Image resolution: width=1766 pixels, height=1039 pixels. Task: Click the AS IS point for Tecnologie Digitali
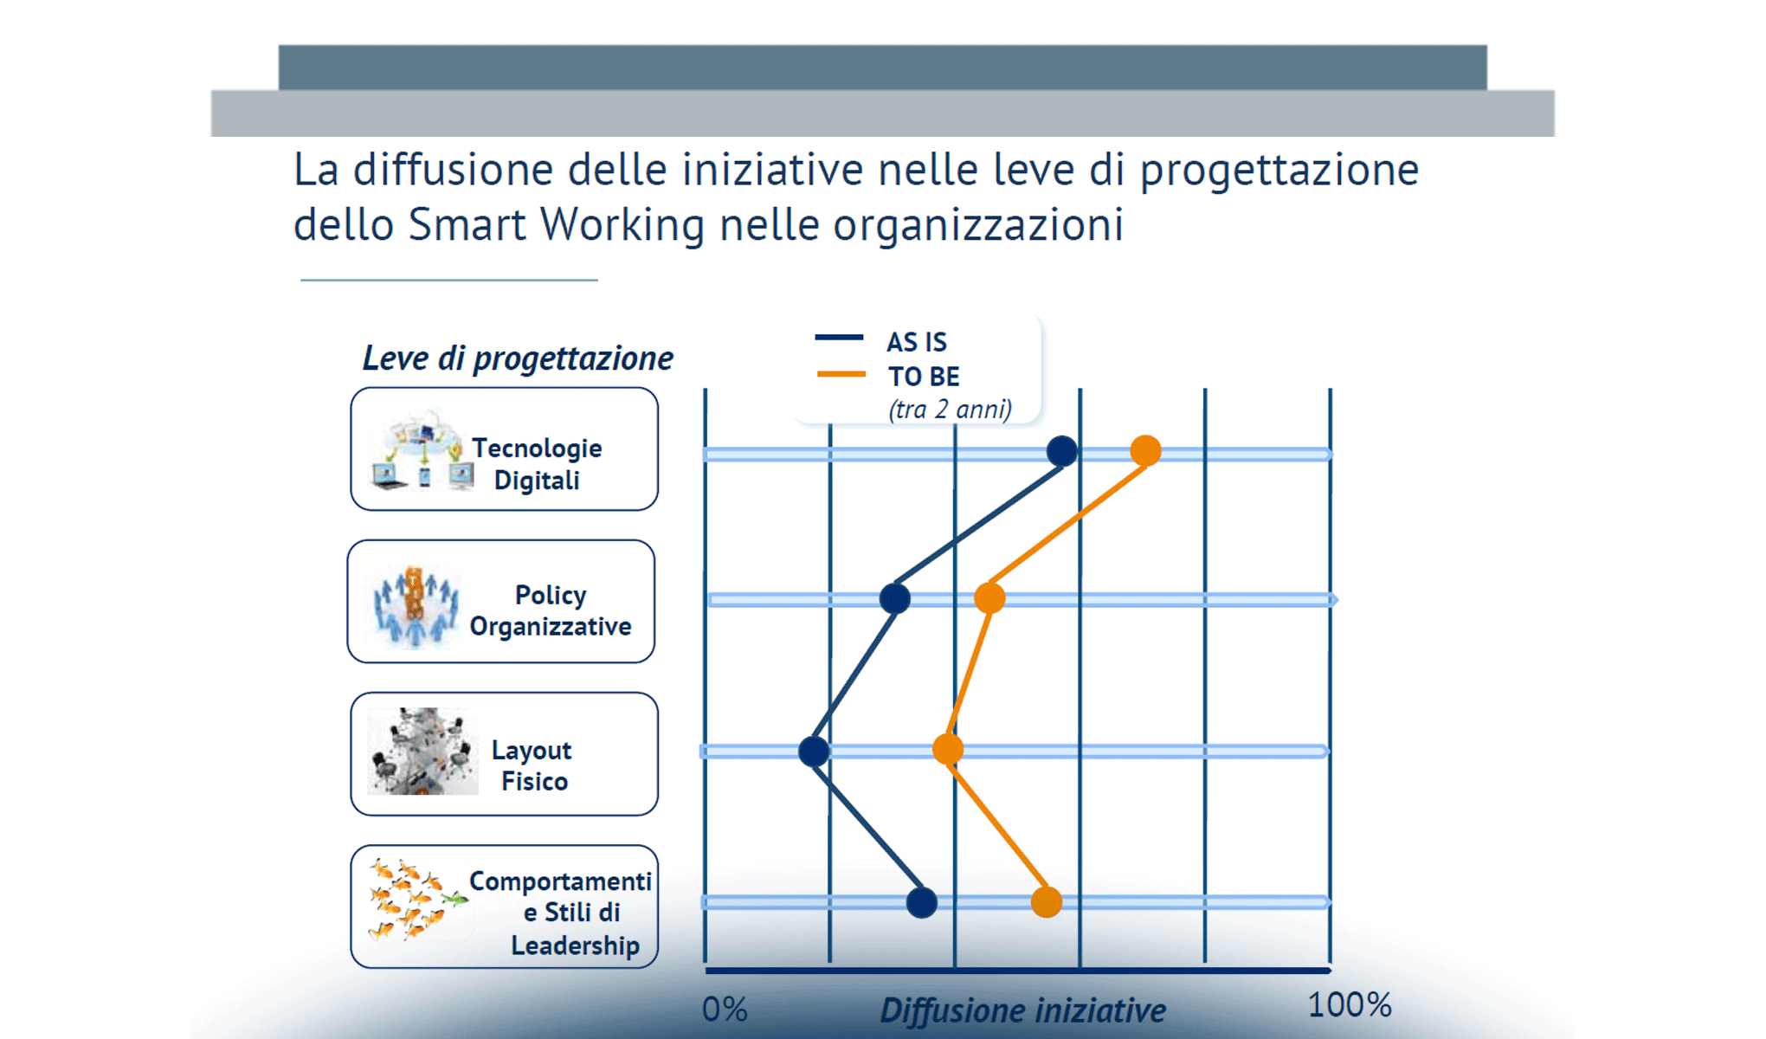coord(1062,451)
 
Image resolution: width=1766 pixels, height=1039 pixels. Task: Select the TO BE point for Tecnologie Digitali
coord(1145,451)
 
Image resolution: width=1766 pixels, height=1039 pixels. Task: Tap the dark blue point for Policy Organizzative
coord(894,598)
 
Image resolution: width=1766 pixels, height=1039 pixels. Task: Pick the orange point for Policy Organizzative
coord(989,597)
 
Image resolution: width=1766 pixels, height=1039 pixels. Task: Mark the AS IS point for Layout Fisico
coord(814,751)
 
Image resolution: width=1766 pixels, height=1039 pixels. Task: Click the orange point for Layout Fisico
coord(948,750)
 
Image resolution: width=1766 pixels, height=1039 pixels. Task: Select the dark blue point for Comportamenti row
coord(922,902)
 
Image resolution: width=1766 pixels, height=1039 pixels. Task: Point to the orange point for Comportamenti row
coord(1047,902)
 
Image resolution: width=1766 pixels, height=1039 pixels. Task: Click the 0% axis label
coord(725,1010)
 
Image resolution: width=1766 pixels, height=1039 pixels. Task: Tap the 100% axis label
coord(1349,1005)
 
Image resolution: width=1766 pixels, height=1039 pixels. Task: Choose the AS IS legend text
coord(917,342)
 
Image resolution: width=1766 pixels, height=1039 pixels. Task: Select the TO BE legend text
coord(924,377)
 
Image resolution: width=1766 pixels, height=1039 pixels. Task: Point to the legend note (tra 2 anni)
coord(950,409)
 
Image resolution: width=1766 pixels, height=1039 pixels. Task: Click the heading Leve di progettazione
coord(517,358)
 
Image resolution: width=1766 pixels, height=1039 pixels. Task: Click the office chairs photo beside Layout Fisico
coord(422,752)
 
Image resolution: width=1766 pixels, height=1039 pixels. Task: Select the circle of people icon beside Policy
coord(416,606)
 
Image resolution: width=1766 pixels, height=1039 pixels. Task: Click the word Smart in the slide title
coord(467,225)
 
